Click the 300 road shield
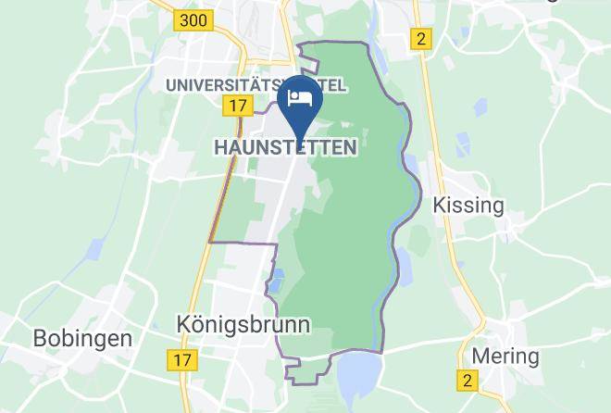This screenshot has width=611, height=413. [194, 19]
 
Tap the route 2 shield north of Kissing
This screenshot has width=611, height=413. [422, 38]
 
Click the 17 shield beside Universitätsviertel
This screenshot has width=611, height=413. [238, 106]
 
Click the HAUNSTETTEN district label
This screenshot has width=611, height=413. [285, 147]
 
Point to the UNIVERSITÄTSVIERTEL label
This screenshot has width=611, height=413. [256, 85]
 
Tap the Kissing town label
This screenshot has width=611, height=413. [469, 205]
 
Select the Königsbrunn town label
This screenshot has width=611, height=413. [243, 324]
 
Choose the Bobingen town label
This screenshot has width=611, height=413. [82, 338]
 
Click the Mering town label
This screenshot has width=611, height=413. [505, 356]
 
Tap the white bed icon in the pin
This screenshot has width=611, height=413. [298, 96]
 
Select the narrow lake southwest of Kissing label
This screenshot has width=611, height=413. [405, 266]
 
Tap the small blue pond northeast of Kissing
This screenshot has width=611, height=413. [480, 106]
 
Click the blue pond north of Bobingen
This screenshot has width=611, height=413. [95, 250]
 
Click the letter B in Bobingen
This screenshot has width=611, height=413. [41, 338]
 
